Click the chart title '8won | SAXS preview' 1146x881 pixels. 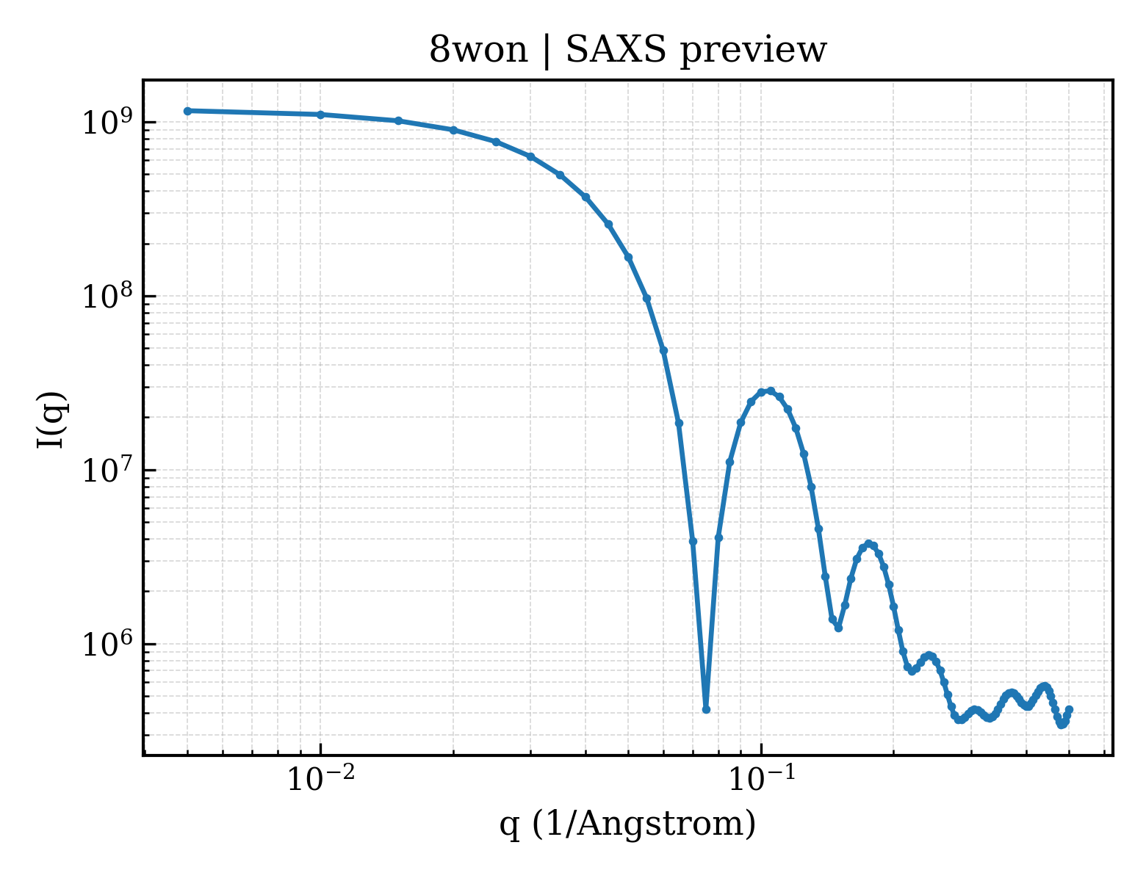pos(627,51)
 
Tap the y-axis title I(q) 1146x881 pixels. pos(51,420)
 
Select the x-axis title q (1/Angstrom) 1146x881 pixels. pos(627,824)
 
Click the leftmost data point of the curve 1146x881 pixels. pos(187,111)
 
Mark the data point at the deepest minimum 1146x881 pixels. pos(706,710)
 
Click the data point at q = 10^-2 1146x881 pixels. pos(320,115)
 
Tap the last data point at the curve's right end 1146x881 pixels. pos(1069,710)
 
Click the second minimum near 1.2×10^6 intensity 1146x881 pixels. pos(838,628)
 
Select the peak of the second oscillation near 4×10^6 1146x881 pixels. pos(868,544)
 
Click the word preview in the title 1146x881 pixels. pos(753,52)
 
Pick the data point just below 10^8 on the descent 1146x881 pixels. pos(647,299)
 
